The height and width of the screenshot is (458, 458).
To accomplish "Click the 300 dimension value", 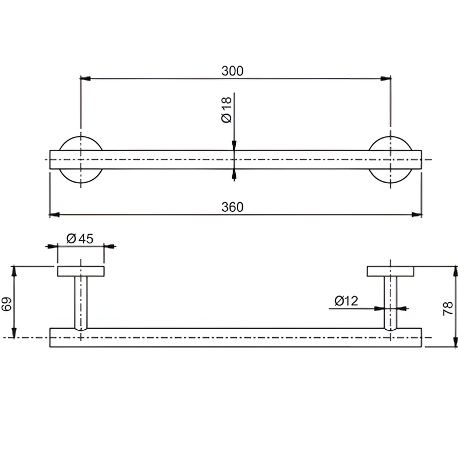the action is pyautogui.click(x=232, y=71).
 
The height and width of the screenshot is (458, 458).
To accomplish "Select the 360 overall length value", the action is pyautogui.click(x=232, y=207).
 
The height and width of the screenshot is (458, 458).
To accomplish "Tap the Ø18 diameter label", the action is pyautogui.click(x=227, y=110).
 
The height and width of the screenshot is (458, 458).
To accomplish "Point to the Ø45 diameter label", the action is pyautogui.click(x=80, y=239).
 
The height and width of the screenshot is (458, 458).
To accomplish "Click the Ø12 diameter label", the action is pyautogui.click(x=346, y=301).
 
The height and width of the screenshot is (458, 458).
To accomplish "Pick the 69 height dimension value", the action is pyautogui.click(x=6, y=304).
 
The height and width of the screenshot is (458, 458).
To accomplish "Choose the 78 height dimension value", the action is pyautogui.click(x=448, y=309).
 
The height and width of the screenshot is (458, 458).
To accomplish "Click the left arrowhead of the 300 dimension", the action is pyautogui.click(x=85, y=78).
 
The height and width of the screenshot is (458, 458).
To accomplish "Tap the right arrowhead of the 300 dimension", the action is pyautogui.click(x=385, y=78).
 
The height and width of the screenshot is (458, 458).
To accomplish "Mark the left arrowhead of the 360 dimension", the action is pyautogui.click(x=54, y=215).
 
